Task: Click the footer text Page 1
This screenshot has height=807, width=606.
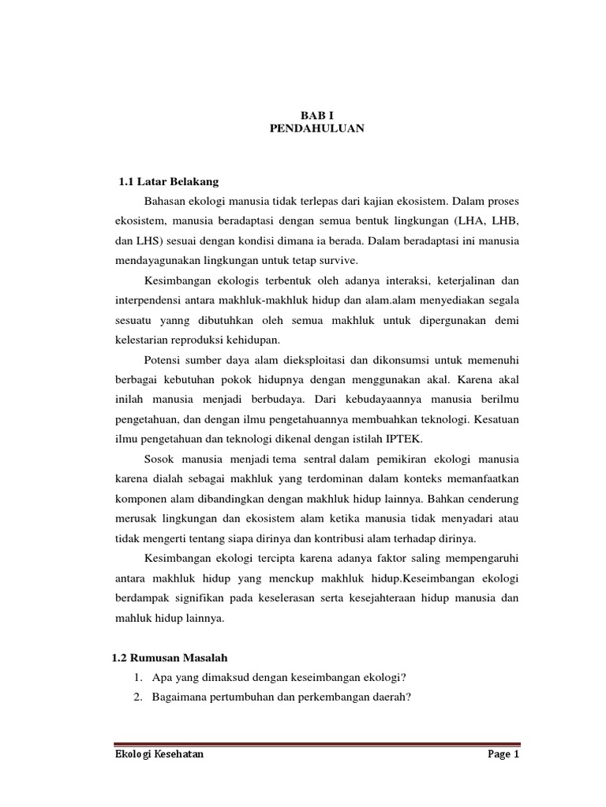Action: click(503, 755)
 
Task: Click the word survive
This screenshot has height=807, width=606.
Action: click(336, 260)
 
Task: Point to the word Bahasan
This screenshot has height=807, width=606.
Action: click(165, 202)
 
